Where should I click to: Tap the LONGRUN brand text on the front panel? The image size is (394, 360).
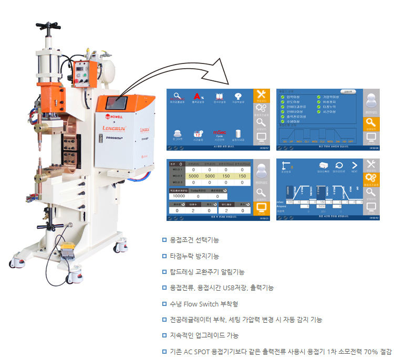click(x=114, y=126)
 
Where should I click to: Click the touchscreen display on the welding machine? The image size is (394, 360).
click(x=116, y=102)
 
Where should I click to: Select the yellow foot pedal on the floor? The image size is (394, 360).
click(x=69, y=247)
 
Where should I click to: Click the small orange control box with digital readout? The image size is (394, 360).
click(x=82, y=73)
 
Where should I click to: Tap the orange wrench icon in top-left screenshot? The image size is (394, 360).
click(x=261, y=96)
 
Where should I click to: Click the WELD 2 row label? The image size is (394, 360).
click(x=177, y=176)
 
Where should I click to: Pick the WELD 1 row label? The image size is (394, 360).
click(x=177, y=170)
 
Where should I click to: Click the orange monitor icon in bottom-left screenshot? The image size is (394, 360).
click(x=261, y=208)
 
